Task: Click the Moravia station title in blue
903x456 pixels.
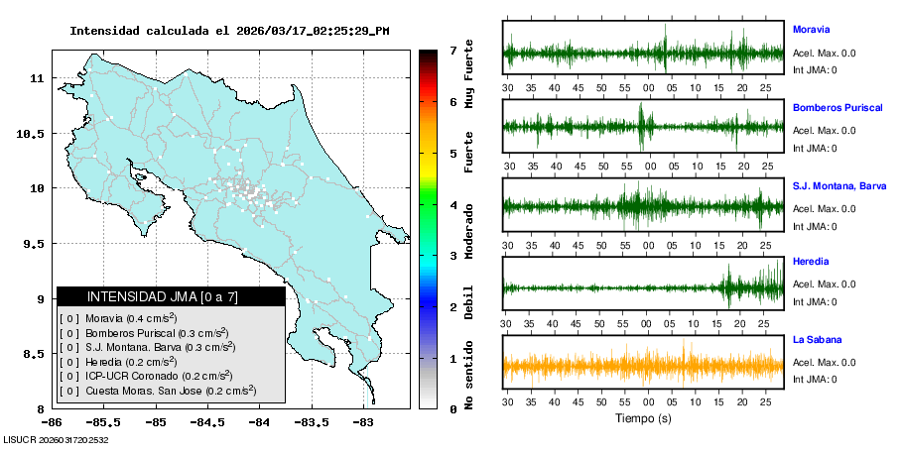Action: tap(812, 30)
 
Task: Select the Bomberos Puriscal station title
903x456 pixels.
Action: tap(838, 107)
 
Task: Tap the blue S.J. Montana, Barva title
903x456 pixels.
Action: tap(839, 185)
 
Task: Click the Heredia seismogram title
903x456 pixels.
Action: tap(811, 263)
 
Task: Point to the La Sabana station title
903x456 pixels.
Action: tap(816, 340)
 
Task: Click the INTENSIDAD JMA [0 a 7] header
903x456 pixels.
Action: tap(171, 296)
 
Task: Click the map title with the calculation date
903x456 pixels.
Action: tap(229, 31)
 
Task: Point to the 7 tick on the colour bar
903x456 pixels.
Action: tap(452, 50)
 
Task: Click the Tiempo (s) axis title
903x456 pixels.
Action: tap(643, 418)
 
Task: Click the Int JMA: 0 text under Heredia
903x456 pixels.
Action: tap(815, 301)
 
